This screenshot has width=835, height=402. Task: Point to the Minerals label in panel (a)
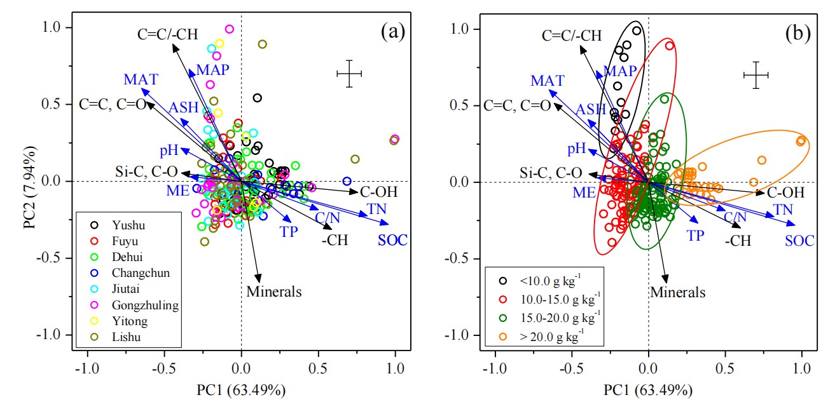coord(273,292)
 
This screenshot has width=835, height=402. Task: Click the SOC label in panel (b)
coord(799,241)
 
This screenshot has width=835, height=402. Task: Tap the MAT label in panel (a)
coord(141,80)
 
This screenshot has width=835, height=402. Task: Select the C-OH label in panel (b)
coord(785,192)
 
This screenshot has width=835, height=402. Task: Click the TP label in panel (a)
coord(289,232)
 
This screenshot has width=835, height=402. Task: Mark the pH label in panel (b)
coord(576,149)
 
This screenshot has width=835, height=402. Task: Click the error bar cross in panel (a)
coord(349,74)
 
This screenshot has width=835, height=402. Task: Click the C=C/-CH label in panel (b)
coord(572,36)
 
